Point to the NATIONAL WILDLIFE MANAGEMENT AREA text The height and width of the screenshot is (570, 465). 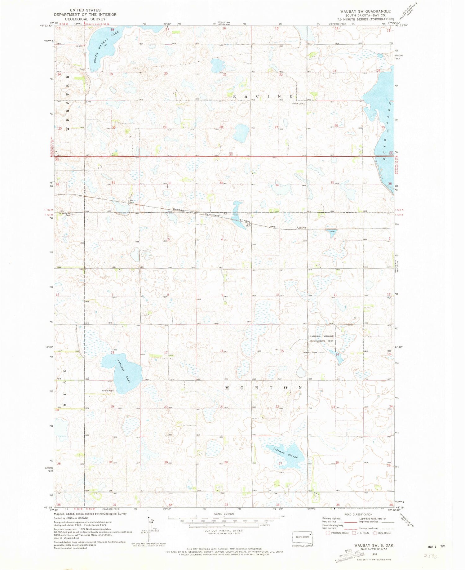322,338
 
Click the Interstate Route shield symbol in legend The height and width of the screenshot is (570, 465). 328,533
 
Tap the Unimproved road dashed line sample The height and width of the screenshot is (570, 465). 387,528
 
